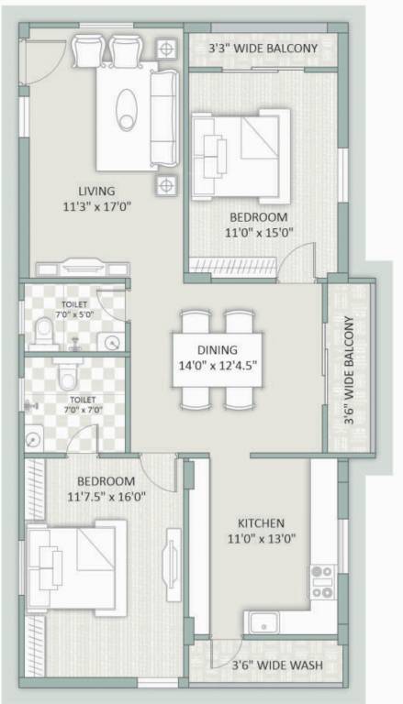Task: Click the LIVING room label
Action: [x=95, y=191]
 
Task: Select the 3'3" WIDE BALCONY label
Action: [x=263, y=48]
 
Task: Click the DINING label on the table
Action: [x=218, y=349]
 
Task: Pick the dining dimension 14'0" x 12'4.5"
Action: [x=218, y=365]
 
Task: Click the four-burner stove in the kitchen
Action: [x=321, y=582]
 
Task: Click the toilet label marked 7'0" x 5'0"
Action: [x=76, y=308]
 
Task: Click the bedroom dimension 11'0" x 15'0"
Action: [x=259, y=233]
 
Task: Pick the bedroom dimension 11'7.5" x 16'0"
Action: [x=106, y=497]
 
